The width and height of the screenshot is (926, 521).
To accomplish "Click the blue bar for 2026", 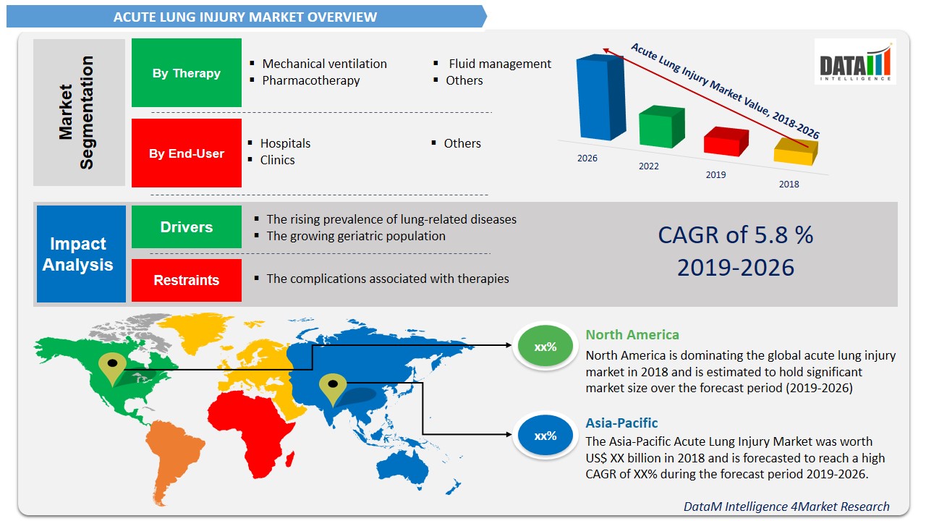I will (599, 98).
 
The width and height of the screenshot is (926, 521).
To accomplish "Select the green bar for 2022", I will (661, 127).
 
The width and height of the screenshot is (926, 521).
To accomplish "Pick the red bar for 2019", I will (726, 142).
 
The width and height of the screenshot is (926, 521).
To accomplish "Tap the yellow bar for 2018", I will (794, 153).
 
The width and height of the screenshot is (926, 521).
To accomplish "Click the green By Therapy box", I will (186, 73).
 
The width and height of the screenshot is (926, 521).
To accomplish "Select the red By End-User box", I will (186, 153).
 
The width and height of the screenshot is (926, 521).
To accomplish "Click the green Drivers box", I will (186, 227).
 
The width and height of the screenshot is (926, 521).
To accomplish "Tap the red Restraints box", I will (186, 280).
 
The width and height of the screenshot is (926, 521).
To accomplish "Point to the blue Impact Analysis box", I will (81, 254).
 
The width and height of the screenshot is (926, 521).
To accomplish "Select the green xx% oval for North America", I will (545, 347).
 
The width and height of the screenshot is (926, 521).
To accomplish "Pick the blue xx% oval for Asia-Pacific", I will (545, 436).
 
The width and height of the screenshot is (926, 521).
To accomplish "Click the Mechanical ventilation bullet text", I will (324, 64).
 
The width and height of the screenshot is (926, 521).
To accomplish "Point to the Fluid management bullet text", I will (499, 64).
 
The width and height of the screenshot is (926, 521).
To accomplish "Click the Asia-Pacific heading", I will (621, 423).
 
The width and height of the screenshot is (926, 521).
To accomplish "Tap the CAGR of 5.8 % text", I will (735, 235).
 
